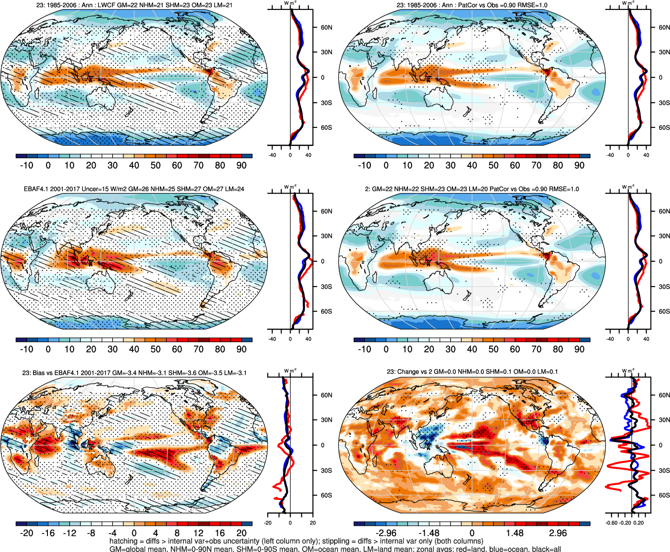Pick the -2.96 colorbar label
pyautogui.click(x=386, y=533)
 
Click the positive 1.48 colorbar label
pyautogui.click(x=515, y=533)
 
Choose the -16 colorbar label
pyautogui.click(x=48, y=533)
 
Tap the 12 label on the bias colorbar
pyautogui.click(x=198, y=533)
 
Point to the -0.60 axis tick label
pyautogui.click(x=611, y=523)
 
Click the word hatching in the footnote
pyautogui.click(x=123, y=541)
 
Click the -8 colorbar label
pyautogui.click(x=91, y=533)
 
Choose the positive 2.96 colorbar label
pyautogui.click(x=558, y=533)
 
